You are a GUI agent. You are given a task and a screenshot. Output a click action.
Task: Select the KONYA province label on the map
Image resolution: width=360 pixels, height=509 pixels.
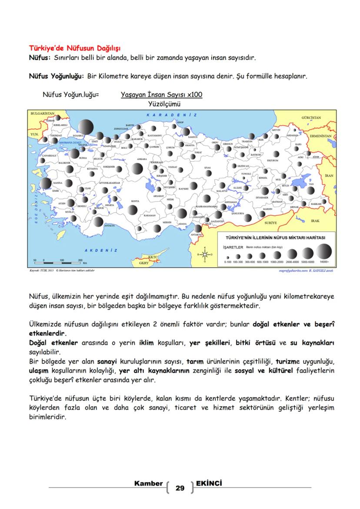[x=135, y=201]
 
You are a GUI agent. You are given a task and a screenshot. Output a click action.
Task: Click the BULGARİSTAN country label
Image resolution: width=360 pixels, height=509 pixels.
[x=42, y=113]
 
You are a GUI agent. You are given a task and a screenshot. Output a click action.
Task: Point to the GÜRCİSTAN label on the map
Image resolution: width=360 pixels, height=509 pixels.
[x=311, y=118]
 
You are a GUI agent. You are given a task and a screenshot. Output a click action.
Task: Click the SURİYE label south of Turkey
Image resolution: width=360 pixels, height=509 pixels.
[x=270, y=222]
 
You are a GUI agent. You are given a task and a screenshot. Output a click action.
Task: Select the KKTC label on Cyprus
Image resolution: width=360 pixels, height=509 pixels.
[x=153, y=257]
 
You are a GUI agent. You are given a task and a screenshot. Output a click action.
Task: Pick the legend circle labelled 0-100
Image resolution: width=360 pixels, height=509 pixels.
[x=227, y=256]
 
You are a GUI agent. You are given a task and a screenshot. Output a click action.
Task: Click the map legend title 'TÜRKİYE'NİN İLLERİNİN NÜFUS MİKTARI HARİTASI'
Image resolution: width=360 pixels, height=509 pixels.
[x=274, y=238]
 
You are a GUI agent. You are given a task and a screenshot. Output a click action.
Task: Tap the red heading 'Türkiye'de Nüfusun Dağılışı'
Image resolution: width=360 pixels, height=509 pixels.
[x=74, y=47]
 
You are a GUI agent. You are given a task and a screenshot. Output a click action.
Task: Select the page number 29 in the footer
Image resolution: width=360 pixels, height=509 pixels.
[x=180, y=488]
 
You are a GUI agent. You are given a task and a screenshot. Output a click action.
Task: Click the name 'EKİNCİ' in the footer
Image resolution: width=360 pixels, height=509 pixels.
[x=209, y=483]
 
